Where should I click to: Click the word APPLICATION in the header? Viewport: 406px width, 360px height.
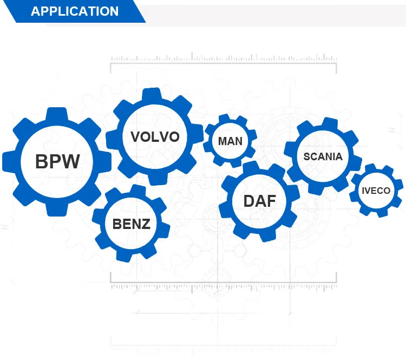click(x=75, y=11)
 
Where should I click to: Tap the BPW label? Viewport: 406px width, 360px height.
click(x=57, y=161)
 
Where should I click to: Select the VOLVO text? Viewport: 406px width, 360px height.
click(x=155, y=136)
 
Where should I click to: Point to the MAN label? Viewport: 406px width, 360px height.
click(x=230, y=141)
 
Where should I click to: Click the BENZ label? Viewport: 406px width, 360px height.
click(x=131, y=223)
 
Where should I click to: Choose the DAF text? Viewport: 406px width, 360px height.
click(x=259, y=201)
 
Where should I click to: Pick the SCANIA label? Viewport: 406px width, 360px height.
click(x=323, y=156)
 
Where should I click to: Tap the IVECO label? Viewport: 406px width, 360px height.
click(x=376, y=191)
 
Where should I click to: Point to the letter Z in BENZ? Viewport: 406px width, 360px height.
click(x=145, y=223)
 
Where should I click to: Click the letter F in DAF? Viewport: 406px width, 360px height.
click(x=271, y=201)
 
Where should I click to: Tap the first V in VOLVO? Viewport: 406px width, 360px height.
click(x=135, y=136)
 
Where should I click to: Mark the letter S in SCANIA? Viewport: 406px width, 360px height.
click(x=307, y=156)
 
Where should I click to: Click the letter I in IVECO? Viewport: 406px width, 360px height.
click(x=363, y=191)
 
